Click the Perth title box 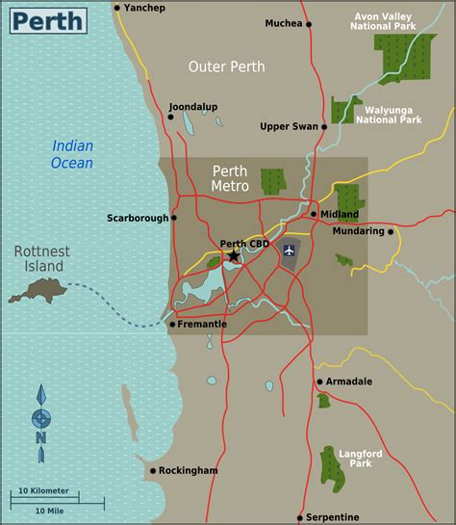[46, 18]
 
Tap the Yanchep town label [146, 8]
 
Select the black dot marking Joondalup [171, 118]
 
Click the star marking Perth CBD [233, 256]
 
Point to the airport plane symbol [289, 250]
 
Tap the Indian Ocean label [73, 154]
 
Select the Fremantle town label [202, 325]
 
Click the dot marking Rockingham [152, 471]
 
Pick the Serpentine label [334, 517]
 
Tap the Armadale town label [349, 381]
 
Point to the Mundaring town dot [392, 231]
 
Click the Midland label [340, 214]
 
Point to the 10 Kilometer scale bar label [42, 491]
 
